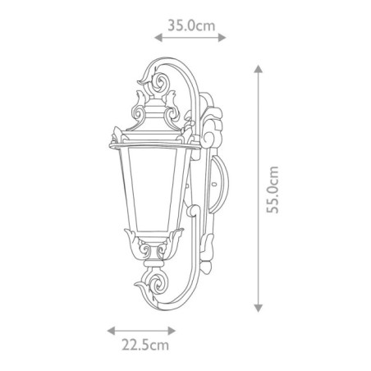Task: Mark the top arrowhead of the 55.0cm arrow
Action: point(259,69)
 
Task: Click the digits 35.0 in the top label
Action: point(182,25)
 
